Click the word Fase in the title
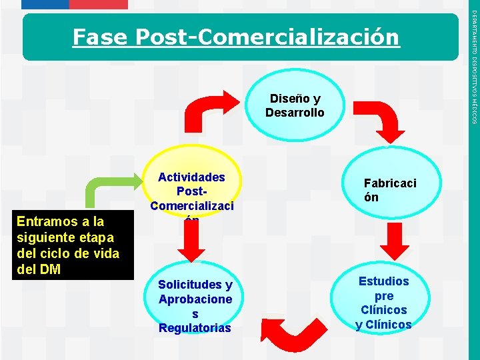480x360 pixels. coord(100,37)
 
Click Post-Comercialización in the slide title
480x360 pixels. coord(267,37)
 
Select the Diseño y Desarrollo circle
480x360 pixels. coord(295,106)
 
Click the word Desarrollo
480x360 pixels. coord(295,113)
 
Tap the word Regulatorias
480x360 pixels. coord(195,328)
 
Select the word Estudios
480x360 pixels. coord(383,281)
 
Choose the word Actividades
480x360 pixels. coord(191,177)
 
